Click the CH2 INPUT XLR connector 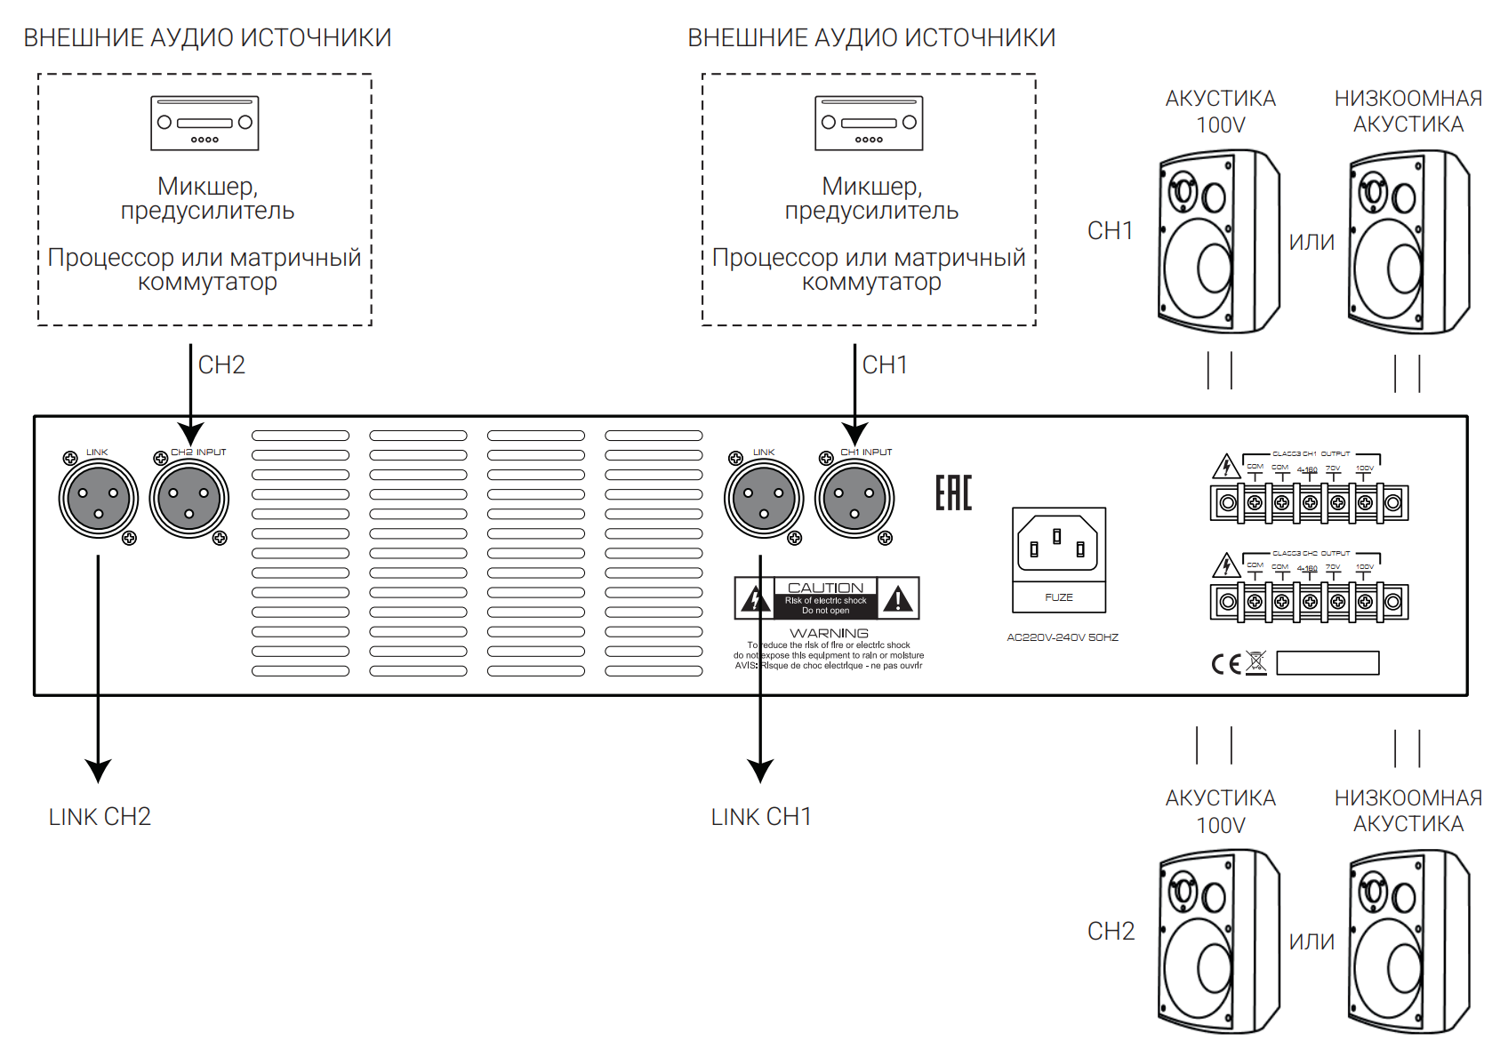point(189,499)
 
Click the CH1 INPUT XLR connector point(854,499)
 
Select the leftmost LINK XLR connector point(98,499)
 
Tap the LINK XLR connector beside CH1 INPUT point(764,499)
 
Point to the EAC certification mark point(953,492)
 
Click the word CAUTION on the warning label point(825,588)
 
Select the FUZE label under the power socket point(1059,597)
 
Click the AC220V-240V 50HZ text point(1063,637)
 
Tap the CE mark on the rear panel point(1226,664)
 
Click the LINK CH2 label point(100,817)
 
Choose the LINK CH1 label point(761,817)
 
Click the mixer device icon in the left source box point(205,123)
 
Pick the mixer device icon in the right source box point(869,123)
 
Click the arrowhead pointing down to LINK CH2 point(98,770)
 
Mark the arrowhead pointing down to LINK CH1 point(760,770)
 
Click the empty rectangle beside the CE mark point(1328,663)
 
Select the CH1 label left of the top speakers point(1111,231)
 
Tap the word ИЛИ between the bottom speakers point(1311,942)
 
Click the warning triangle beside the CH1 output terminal point(1226,466)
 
